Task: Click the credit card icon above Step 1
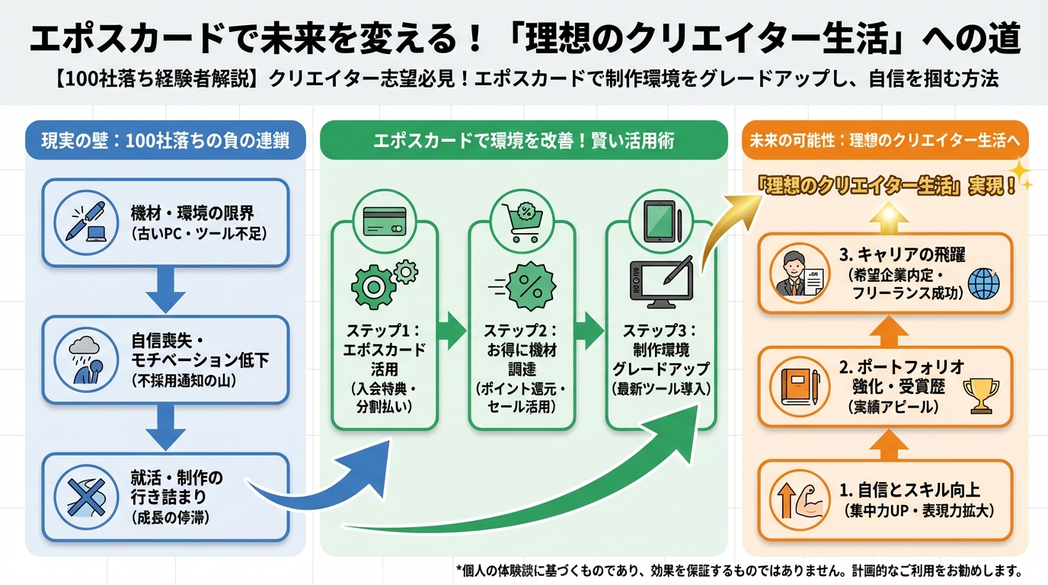pyautogui.click(x=385, y=222)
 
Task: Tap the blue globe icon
pyautogui.click(x=983, y=284)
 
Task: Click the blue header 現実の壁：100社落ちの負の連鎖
pyautogui.click(x=165, y=142)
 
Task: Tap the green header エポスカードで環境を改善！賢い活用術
pyautogui.click(x=523, y=142)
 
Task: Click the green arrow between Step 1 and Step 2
pyautogui.click(x=452, y=331)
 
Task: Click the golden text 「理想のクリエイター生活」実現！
pyautogui.click(x=890, y=187)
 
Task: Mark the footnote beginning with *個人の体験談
pyautogui.click(x=738, y=570)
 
